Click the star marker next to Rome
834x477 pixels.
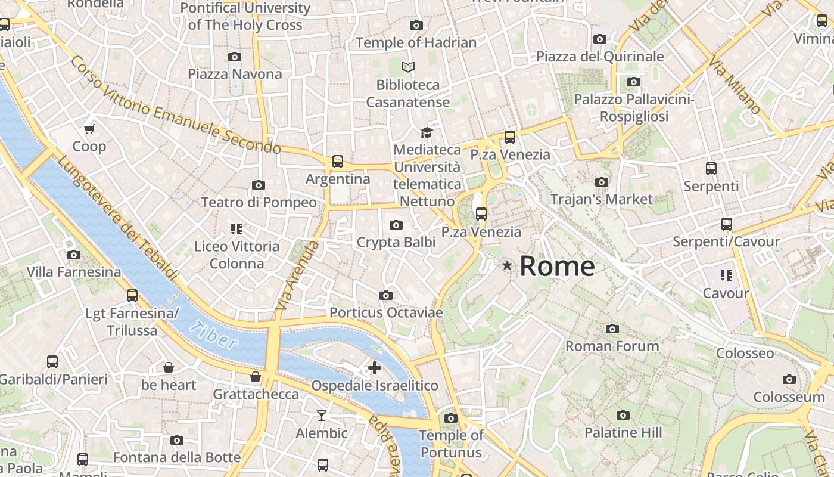tap(507, 265)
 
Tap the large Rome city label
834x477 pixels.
tap(557, 266)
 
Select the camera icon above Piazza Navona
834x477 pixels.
tap(235, 57)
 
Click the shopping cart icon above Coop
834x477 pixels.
tap(89, 129)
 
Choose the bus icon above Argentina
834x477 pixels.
tap(338, 161)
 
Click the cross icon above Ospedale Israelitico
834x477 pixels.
tap(375, 368)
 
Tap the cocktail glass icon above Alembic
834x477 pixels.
tap(322, 415)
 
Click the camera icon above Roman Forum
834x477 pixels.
tap(612, 329)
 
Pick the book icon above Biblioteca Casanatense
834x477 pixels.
tap(408, 67)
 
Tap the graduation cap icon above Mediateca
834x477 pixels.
tap(427, 132)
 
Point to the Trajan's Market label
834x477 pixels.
tap(602, 199)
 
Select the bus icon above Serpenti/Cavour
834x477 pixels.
tap(727, 224)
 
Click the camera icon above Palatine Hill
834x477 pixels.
tap(623, 415)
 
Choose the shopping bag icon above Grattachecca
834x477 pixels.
tap(256, 377)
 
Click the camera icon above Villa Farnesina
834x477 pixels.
tap(74, 255)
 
